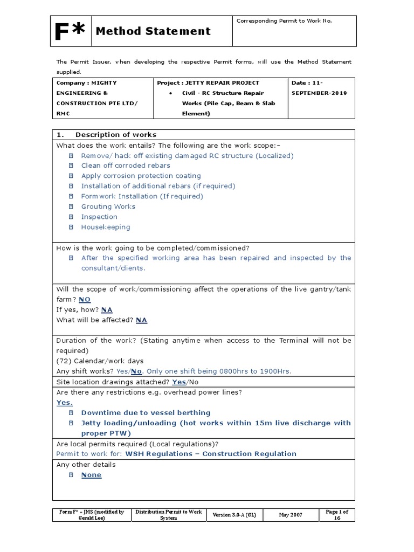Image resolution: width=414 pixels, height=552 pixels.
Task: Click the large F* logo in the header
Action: click(x=70, y=31)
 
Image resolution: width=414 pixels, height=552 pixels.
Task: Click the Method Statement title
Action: click(x=153, y=31)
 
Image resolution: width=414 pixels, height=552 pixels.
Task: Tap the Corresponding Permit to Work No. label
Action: click(x=284, y=21)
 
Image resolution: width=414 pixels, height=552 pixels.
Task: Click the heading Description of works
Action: click(x=116, y=135)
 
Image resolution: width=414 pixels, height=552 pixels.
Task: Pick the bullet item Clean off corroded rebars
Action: click(x=125, y=165)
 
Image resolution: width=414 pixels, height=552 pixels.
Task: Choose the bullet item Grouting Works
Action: click(x=108, y=206)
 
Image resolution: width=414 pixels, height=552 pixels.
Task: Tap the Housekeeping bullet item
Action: click(x=106, y=227)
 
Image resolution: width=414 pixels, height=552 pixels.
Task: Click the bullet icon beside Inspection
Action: click(x=71, y=217)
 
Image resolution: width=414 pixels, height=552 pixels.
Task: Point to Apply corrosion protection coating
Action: click(x=141, y=176)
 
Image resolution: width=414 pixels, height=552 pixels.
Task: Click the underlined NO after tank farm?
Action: click(x=85, y=300)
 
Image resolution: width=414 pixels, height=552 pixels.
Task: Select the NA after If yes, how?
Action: click(x=107, y=310)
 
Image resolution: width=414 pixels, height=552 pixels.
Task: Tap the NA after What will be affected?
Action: click(x=141, y=320)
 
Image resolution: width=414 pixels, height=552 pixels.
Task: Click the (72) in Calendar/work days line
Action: click(x=64, y=361)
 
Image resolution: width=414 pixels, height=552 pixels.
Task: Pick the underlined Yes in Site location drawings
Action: click(x=178, y=382)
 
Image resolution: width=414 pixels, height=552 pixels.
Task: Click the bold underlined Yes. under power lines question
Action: click(x=65, y=402)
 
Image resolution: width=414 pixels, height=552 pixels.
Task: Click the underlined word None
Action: click(x=91, y=475)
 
